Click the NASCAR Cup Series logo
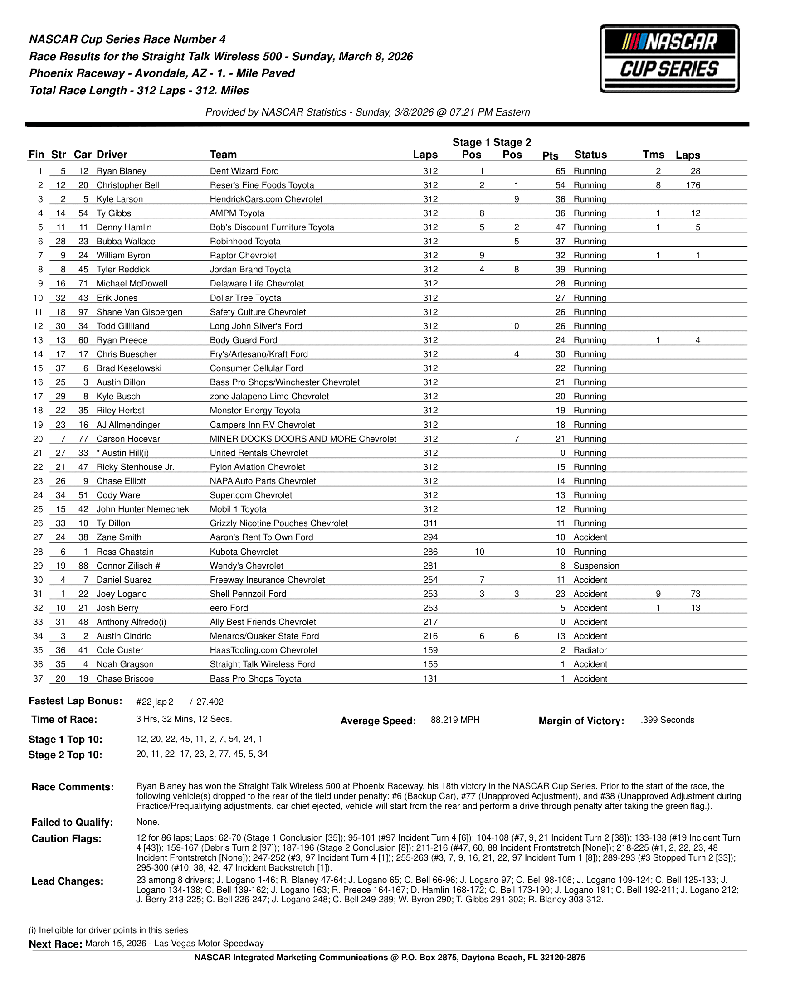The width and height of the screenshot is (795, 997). tap(669, 59)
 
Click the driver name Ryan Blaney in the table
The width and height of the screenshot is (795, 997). tap(121, 171)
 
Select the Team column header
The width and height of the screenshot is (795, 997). tap(223, 155)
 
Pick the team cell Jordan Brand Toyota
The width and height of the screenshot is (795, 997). tap(250, 270)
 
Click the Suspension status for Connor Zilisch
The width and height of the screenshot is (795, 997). tap(596, 566)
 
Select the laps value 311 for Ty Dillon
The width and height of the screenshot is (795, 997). tap(430, 523)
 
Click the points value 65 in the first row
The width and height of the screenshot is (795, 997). tap(560, 171)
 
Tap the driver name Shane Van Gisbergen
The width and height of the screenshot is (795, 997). tap(139, 312)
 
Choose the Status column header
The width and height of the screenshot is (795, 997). tap(590, 155)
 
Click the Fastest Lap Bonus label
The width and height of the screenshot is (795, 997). tap(75, 701)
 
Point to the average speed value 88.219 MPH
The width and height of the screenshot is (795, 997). tap(455, 720)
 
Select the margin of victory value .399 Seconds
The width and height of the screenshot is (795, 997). tap(667, 720)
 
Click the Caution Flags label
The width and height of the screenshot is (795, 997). tap(66, 839)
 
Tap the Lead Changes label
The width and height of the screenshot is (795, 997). tap(67, 881)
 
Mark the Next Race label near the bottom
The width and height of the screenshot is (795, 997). tap(55, 944)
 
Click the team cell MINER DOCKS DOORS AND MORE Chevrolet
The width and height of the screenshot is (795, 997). tap(302, 439)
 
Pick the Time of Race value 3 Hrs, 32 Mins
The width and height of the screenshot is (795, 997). tap(184, 719)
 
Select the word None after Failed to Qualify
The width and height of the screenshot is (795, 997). tap(147, 822)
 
